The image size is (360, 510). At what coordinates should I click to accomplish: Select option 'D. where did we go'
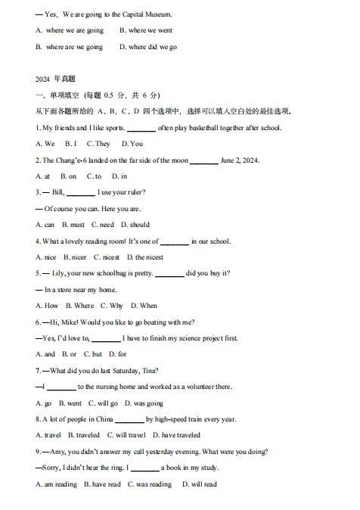[x=148, y=47]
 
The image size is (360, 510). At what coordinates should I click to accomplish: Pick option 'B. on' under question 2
[x=68, y=176]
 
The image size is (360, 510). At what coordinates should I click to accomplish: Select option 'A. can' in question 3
[x=45, y=225]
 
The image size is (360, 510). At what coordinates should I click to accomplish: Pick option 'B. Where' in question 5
[x=79, y=306]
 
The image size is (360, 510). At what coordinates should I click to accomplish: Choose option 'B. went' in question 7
[x=70, y=403]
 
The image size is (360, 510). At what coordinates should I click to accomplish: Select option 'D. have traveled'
[x=177, y=435]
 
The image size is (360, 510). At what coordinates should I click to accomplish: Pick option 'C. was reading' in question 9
[x=150, y=484]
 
